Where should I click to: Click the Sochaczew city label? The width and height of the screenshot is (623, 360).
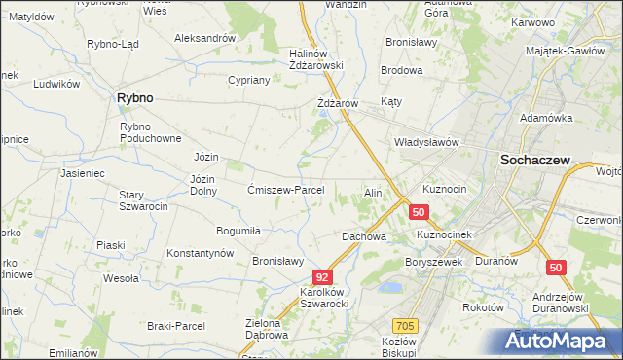[534, 162]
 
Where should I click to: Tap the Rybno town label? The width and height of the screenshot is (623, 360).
[134, 97]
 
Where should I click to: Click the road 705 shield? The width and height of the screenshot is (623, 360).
[406, 326]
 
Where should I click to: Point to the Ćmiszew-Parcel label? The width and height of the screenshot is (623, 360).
[292, 190]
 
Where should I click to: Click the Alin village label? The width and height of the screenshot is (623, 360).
[373, 193]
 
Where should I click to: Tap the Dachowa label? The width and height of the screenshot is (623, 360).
[364, 236]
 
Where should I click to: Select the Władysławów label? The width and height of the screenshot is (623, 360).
[425, 142]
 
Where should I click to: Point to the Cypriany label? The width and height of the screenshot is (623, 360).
[248, 80]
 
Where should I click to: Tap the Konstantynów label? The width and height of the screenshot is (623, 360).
[201, 253]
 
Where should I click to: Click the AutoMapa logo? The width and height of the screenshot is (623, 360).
[559, 341]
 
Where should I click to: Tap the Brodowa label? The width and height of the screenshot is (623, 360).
[401, 70]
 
